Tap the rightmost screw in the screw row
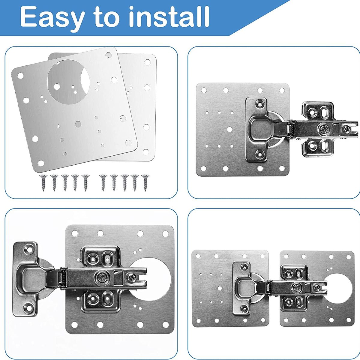coord(145,183)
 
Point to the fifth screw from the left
coord(85,183)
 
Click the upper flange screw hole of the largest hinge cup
coord(29,249)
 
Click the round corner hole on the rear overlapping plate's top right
coord(147,62)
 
